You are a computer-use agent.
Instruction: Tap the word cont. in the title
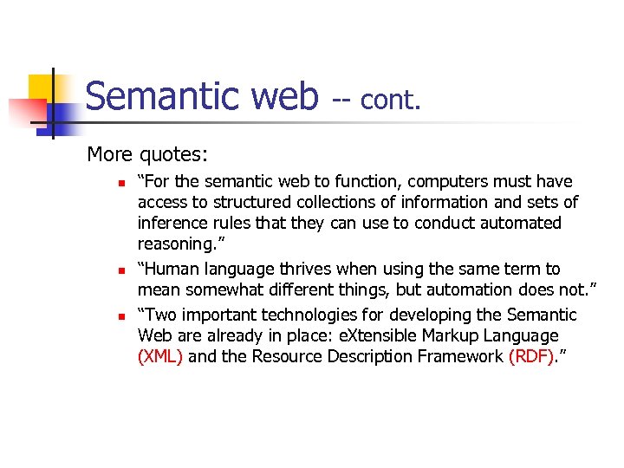pos(390,101)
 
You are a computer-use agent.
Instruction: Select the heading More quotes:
pos(147,155)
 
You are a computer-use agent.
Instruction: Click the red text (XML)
pos(160,357)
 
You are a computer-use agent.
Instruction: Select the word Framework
pos(459,357)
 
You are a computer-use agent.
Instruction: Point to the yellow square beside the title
pos(44,90)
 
